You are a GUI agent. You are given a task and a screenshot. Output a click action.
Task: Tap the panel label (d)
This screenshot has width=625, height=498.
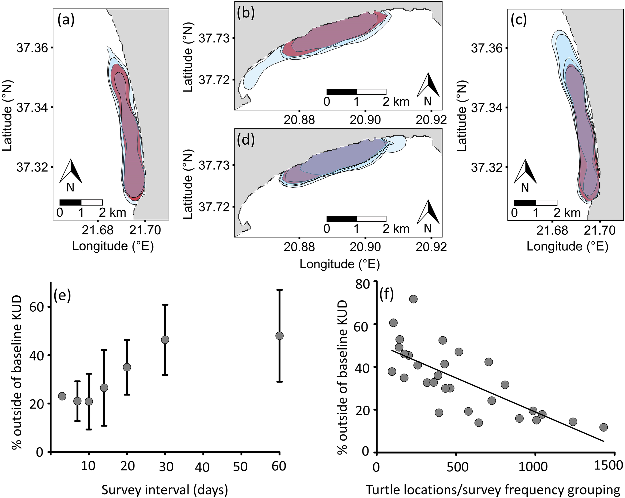245,140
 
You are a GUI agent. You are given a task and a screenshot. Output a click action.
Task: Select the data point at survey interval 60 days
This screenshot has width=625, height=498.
279,336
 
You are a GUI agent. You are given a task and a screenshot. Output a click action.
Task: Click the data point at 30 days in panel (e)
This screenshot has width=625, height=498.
165,340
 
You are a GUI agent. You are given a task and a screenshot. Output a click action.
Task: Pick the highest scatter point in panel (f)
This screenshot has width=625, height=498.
413,299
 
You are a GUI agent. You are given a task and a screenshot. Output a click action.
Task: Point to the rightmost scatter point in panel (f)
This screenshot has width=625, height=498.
603,427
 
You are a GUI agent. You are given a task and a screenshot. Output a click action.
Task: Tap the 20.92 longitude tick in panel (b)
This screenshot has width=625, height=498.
431,119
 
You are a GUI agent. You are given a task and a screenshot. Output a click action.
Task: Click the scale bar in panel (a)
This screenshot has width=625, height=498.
81,202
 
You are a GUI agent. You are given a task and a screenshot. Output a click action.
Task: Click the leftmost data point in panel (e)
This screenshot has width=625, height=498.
62,396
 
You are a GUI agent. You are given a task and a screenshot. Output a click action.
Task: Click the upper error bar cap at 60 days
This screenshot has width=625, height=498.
279,290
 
